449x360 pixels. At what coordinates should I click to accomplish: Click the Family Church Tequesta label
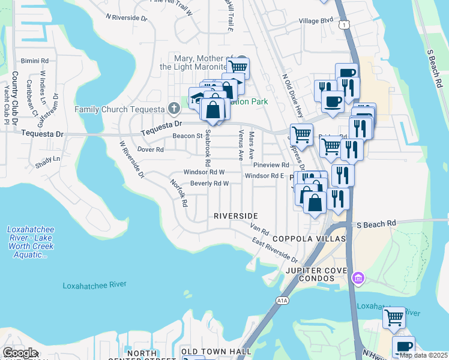click(x=119, y=109)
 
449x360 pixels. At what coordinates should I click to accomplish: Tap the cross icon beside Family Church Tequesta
click(x=173, y=109)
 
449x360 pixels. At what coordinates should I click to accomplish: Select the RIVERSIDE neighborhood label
click(x=236, y=216)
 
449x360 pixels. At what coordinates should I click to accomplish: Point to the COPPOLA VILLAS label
click(x=309, y=239)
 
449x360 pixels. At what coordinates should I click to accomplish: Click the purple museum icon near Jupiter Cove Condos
click(x=358, y=277)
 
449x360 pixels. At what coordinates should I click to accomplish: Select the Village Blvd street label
click(x=316, y=20)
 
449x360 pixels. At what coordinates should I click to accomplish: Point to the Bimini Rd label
click(x=34, y=61)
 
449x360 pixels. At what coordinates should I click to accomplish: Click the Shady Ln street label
click(x=48, y=159)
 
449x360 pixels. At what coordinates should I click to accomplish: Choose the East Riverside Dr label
click(x=275, y=250)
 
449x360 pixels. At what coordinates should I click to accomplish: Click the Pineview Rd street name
click(x=271, y=164)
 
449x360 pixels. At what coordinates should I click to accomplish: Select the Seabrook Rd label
click(x=208, y=147)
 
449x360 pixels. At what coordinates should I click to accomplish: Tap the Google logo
click(x=19, y=353)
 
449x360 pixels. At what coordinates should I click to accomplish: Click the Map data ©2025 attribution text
click(x=423, y=355)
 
